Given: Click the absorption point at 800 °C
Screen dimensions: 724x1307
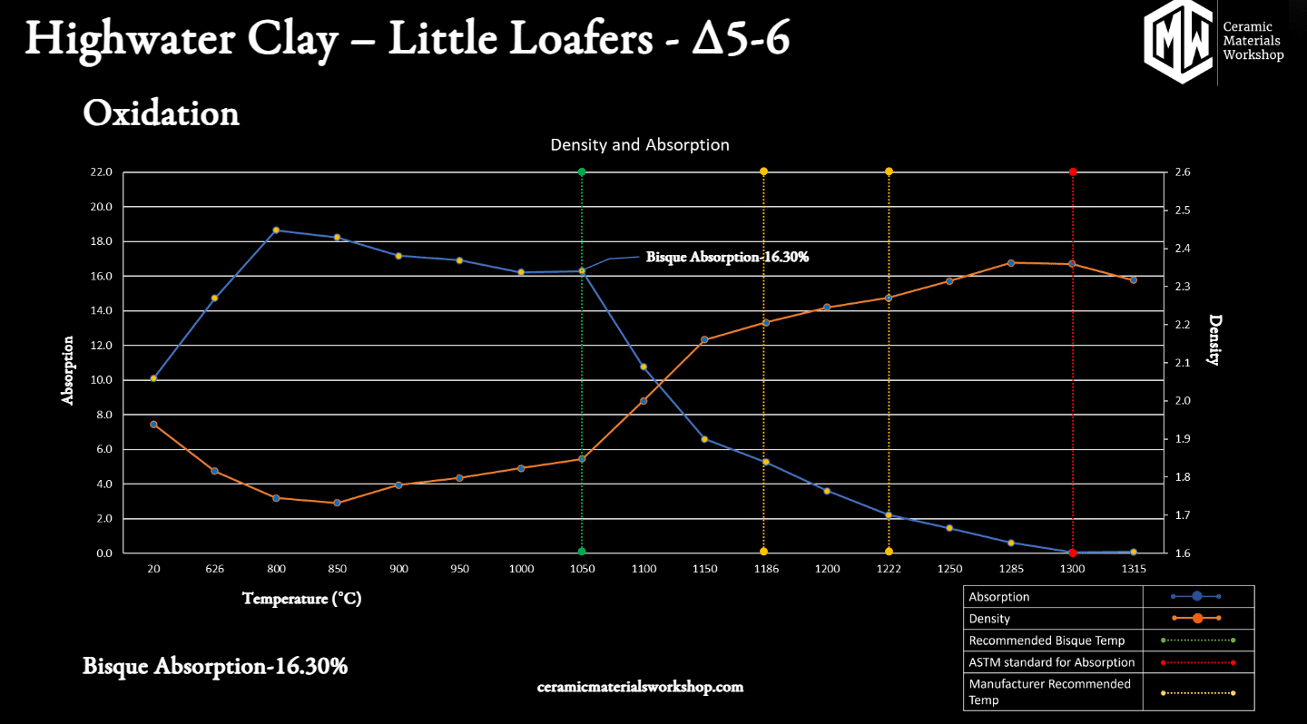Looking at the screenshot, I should [x=276, y=230].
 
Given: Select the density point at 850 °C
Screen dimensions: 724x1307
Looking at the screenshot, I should [x=337, y=503].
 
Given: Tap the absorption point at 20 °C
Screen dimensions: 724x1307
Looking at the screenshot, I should [x=153, y=378].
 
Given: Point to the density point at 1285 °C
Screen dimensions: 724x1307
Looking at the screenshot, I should [x=1010, y=263].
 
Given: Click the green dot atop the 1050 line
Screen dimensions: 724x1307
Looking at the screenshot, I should [x=582, y=171].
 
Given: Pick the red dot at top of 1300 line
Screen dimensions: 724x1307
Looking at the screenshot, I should [x=1073, y=171].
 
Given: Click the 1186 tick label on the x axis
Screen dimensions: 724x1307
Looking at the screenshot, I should [x=765, y=570].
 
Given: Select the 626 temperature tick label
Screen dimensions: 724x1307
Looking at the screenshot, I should [x=214, y=570].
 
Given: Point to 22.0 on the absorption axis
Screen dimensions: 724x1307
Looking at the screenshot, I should [x=101, y=172].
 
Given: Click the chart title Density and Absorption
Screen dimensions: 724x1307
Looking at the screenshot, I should [x=640, y=145].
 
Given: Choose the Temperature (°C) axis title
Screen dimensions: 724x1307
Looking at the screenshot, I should [x=301, y=599].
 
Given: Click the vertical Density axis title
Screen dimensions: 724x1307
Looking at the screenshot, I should [x=1215, y=339].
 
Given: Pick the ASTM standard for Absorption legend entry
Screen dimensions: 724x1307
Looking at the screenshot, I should [x=1051, y=662].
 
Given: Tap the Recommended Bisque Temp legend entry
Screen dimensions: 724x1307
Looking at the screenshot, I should [x=1047, y=641].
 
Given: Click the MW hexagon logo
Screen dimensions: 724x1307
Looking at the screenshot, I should [x=1177, y=41].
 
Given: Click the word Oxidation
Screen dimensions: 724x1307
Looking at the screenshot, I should [x=161, y=114].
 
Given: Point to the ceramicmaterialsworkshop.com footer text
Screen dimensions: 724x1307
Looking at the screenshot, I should [x=640, y=687].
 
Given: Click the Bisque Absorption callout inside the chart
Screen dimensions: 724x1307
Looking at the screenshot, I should [x=727, y=258].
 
